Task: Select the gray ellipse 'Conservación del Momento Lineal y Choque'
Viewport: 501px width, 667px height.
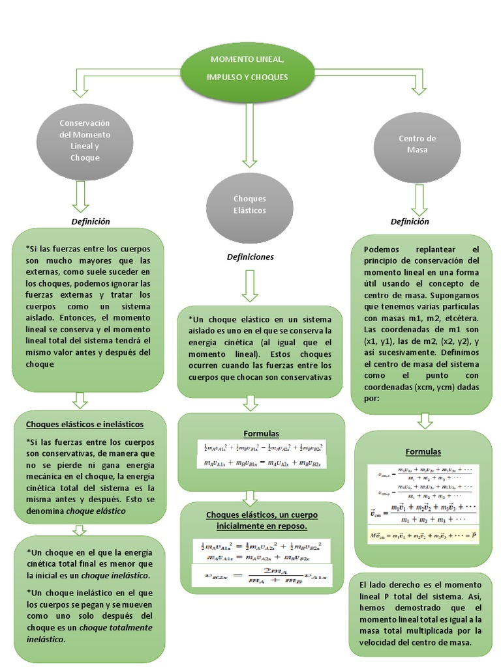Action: pos(85,141)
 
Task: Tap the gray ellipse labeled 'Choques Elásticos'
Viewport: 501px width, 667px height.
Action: pos(249,204)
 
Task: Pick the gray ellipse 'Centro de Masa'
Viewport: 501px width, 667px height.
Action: pos(417,144)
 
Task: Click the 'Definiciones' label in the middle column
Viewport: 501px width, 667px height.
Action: pos(250,257)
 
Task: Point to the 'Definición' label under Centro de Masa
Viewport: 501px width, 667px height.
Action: pos(410,221)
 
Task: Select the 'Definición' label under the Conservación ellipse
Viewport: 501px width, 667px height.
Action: pos(90,221)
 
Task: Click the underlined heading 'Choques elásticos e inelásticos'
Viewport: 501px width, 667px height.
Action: pos(84,424)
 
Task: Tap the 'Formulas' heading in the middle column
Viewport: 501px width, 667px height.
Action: pos(261,433)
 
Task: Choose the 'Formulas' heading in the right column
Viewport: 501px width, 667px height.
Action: pos(423,451)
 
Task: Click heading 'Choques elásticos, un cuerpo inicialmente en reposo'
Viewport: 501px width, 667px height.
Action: pos(262,520)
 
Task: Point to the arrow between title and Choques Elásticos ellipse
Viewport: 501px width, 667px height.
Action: pos(248,134)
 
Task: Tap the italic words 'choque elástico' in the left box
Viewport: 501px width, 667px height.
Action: pos(96,511)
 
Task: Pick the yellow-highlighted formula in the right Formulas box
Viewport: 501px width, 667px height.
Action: pos(422,535)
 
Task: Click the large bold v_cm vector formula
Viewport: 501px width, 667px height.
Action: pos(422,513)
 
